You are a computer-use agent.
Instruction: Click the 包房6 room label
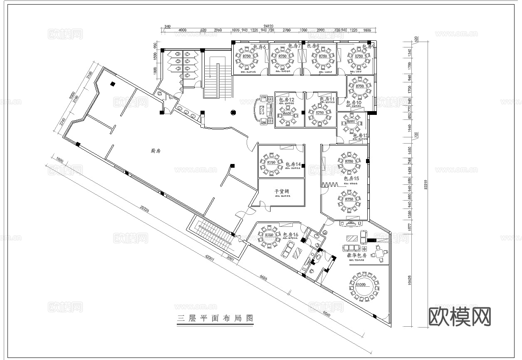[x=259, y=47]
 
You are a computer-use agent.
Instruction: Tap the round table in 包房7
[x=283, y=57]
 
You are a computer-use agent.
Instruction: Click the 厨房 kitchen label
[x=156, y=151]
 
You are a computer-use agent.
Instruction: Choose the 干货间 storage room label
[x=282, y=192]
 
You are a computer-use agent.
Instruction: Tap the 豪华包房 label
[x=356, y=255]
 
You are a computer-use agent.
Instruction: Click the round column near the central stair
[x=233, y=112]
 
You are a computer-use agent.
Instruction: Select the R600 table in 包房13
[x=351, y=122]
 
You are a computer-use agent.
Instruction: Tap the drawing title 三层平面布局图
[x=215, y=318]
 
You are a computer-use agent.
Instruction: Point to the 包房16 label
[x=291, y=235]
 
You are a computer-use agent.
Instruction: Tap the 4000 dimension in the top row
[x=182, y=30]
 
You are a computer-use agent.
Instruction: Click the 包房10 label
[x=354, y=102]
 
